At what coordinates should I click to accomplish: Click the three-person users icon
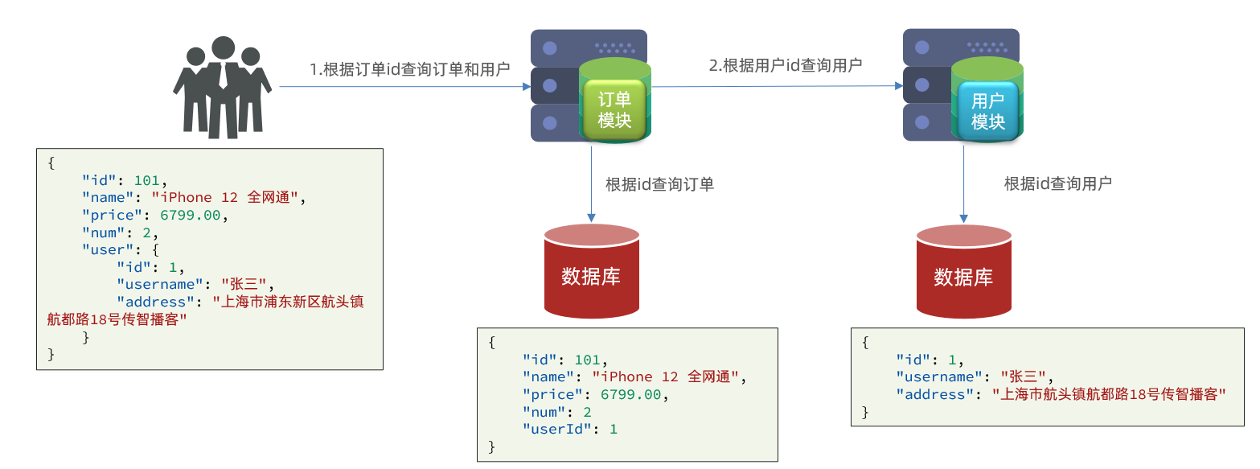pos(222,87)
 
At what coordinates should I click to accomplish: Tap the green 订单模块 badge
pos(614,110)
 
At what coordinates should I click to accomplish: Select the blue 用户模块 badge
pos(987,111)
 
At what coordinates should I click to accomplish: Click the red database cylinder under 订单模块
pos(591,272)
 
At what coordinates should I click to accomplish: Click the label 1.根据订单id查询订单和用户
pos(410,69)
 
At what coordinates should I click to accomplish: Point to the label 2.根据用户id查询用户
pos(785,65)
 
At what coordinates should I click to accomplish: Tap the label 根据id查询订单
pos(659,184)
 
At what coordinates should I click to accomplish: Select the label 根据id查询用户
pos(1057,183)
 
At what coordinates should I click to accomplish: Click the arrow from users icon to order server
pos(402,87)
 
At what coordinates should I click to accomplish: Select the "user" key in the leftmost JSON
pos(103,249)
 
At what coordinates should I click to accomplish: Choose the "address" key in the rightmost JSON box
pos(931,394)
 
